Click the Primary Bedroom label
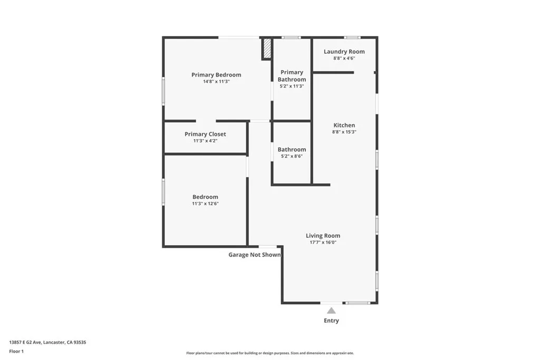click(x=216, y=75)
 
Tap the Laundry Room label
click(x=344, y=52)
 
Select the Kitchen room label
click(x=344, y=125)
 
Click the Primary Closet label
click(x=205, y=134)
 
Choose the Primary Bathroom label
click(x=292, y=76)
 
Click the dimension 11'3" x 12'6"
click(x=205, y=203)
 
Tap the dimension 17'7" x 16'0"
click(x=323, y=242)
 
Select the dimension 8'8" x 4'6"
click(x=344, y=59)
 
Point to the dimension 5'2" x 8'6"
click(x=292, y=157)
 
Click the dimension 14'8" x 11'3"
click(x=216, y=82)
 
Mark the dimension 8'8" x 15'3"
click(x=344, y=132)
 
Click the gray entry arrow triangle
click(x=331, y=310)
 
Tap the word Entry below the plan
click(x=331, y=320)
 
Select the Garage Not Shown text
click(x=254, y=255)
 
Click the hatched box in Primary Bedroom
click(x=267, y=48)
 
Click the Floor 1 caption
click(x=16, y=351)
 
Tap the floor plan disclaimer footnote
click(x=269, y=353)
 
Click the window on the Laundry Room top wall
click(x=352, y=37)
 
